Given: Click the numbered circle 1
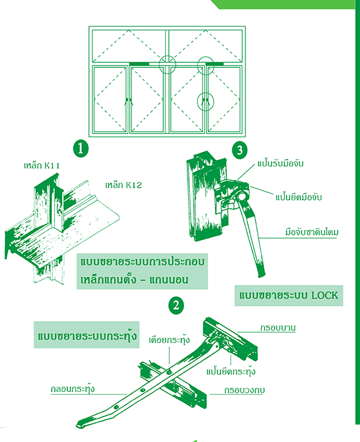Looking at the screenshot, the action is (81, 148).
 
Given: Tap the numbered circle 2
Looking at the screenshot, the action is (176, 305).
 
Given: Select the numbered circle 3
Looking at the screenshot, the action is (240, 150).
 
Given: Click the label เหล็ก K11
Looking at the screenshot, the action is (42, 165).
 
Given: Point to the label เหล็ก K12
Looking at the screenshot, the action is (123, 185).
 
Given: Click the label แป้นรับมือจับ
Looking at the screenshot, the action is (280, 163).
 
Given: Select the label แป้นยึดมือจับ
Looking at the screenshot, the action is (298, 197).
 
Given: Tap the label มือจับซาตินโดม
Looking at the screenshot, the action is (312, 233).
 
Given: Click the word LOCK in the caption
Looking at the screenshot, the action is (324, 295).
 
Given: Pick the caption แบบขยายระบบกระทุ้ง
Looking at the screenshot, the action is (87, 335).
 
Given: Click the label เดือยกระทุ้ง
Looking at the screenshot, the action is (169, 340).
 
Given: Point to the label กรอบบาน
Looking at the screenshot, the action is (278, 327).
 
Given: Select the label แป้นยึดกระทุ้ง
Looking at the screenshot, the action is (231, 372).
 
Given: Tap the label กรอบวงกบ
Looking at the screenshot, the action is (245, 390).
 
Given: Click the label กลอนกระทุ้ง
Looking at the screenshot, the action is (73, 389).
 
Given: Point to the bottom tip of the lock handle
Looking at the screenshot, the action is (262, 275).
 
